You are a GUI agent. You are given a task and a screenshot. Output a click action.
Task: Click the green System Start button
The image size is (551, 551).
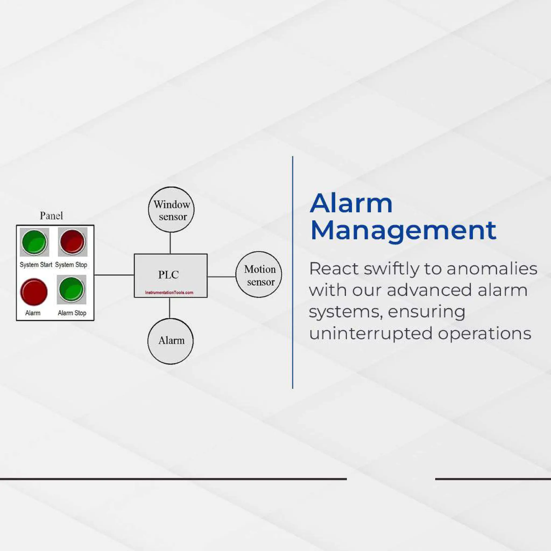(34, 242)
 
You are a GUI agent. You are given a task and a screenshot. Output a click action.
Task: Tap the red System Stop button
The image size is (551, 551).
(72, 242)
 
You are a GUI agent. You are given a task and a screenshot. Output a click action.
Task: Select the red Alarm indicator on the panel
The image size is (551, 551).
(34, 292)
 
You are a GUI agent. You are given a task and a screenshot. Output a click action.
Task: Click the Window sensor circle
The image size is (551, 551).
(171, 210)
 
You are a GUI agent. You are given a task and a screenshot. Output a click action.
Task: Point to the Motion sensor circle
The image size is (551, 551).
(259, 275)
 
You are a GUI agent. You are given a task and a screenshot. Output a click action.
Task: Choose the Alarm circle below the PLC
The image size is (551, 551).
(171, 341)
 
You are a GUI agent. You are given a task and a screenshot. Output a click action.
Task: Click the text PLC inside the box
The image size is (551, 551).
(168, 275)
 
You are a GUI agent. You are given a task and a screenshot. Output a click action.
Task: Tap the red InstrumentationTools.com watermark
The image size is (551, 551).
(169, 292)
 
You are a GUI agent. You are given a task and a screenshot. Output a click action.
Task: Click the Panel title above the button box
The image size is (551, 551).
(51, 216)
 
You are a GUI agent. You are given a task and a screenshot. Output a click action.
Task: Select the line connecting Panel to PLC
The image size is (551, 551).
(114, 275)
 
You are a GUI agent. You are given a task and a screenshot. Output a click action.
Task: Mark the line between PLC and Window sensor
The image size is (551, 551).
(170, 243)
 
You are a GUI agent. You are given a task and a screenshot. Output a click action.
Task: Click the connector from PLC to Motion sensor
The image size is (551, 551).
(221, 276)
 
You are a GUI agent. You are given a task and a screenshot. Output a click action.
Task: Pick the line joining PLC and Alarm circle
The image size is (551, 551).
(170, 308)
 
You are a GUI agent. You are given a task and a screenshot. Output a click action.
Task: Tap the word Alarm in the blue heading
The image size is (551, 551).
(351, 204)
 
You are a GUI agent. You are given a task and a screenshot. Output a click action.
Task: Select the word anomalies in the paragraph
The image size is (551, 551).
(492, 269)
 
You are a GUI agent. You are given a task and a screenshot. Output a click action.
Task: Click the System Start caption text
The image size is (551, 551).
(36, 265)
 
